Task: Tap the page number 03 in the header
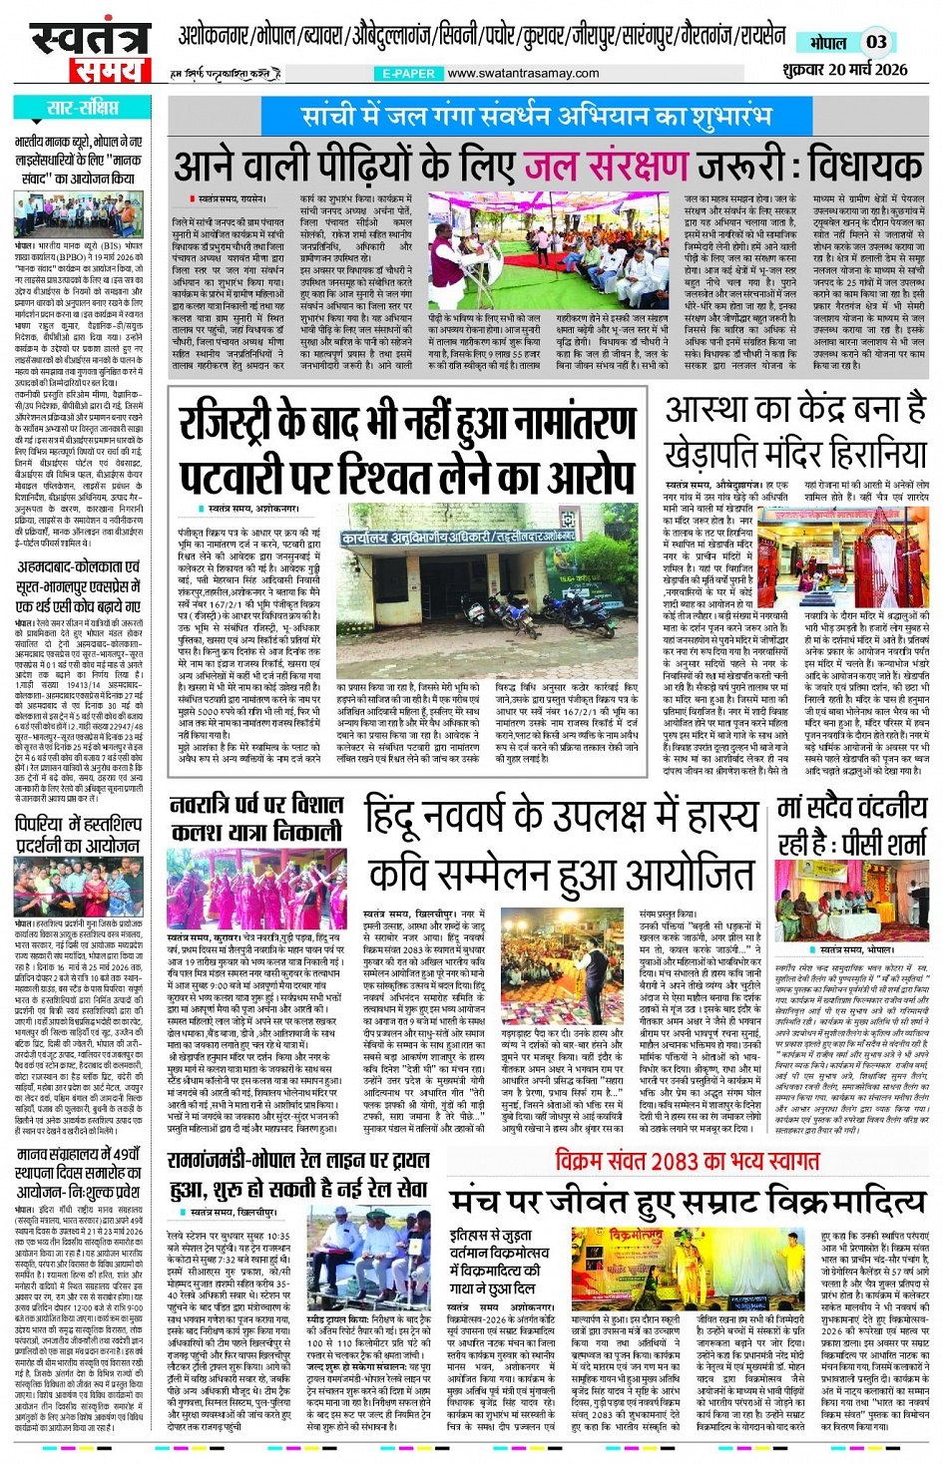pos(875,42)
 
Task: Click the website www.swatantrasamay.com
pos(523,73)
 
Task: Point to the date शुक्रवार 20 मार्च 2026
pos(845,69)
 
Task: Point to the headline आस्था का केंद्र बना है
pos(795,411)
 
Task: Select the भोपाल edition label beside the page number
pos(828,43)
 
